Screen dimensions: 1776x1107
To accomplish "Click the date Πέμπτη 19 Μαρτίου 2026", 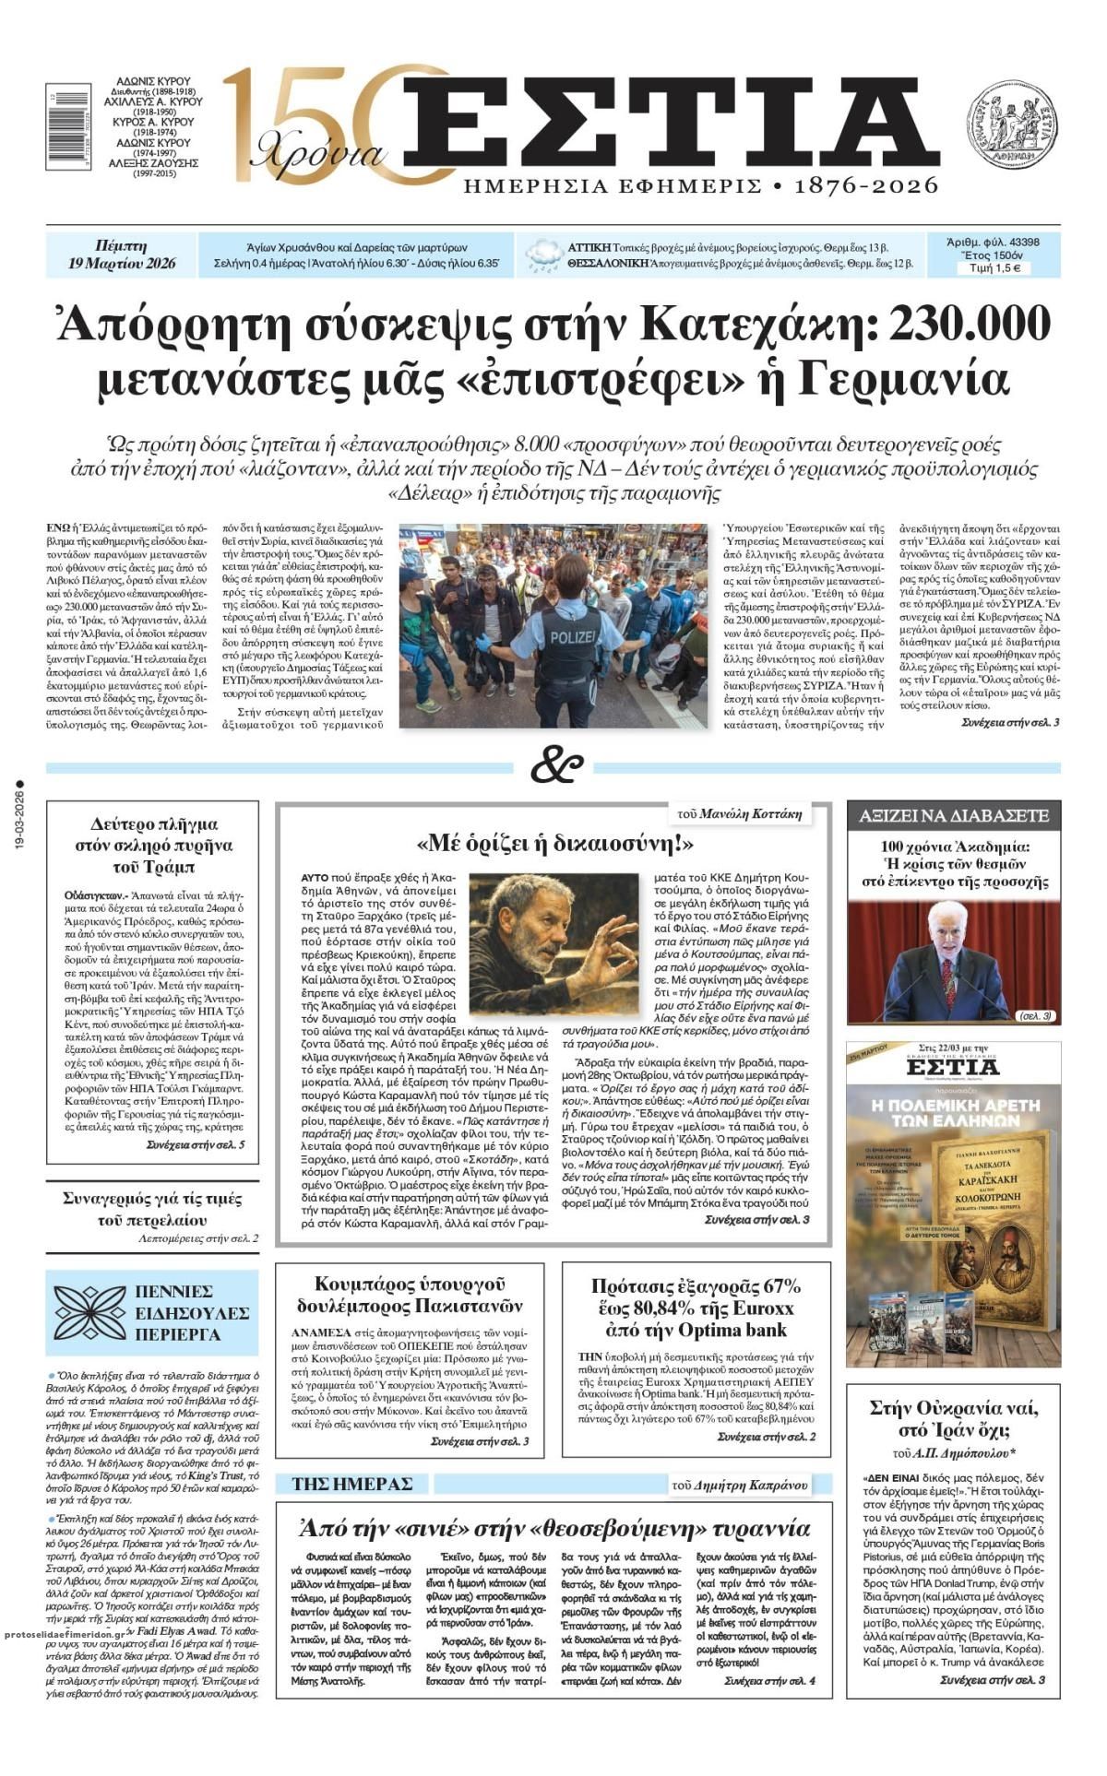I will (x=121, y=255).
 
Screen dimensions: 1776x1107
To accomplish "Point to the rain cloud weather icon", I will (x=544, y=255).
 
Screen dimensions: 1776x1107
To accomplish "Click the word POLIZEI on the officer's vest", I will (x=574, y=638).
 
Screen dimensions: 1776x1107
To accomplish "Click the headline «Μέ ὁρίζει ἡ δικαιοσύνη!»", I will (x=554, y=843).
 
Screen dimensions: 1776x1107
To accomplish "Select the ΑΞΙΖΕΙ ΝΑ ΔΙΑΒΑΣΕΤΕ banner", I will (x=954, y=816).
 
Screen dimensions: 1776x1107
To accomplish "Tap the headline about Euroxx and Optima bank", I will (x=696, y=1308).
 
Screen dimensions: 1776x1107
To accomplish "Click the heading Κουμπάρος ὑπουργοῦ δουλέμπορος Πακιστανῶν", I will (x=410, y=1295).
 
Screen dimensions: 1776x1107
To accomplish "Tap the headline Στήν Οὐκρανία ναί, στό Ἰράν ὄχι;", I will (x=954, y=1419).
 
